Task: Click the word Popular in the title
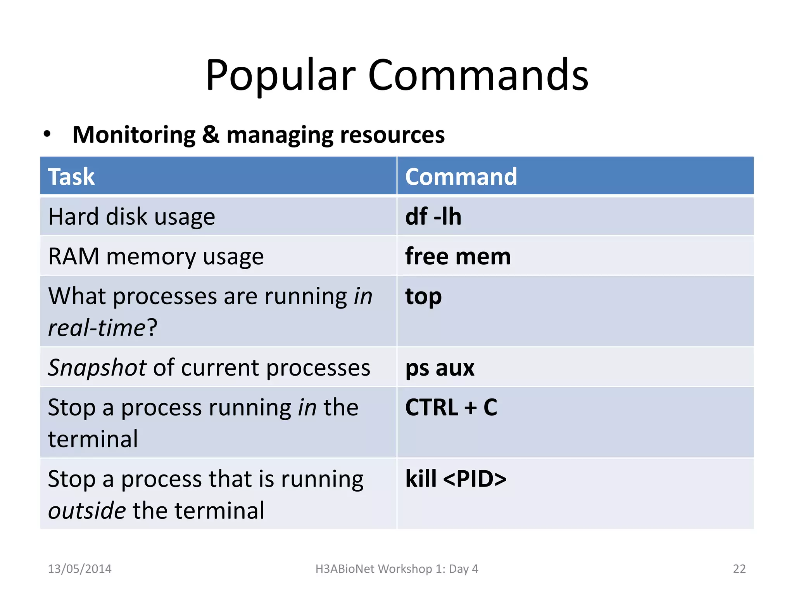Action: click(280, 76)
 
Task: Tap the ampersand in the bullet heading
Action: click(211, 135)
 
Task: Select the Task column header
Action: click(71, 177)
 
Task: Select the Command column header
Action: click(461, 177)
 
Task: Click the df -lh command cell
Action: click(433, 217)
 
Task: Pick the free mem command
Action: click(458, 256)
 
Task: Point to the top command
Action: click(423, 297)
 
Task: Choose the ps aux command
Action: click(440, 368)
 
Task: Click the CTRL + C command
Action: click(451, 407)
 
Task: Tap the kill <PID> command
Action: click(456, 478)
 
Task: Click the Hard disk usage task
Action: click(131, 217)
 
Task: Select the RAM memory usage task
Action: click(156, 256)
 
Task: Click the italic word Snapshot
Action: click(97, 367)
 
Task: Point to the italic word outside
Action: click(87, 510)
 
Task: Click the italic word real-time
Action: click(97, 327)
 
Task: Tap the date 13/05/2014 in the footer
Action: click(79, 569)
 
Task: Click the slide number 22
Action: click(739, 569)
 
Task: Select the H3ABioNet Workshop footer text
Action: click(397, 569)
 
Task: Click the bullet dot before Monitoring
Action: click(47, 134)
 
